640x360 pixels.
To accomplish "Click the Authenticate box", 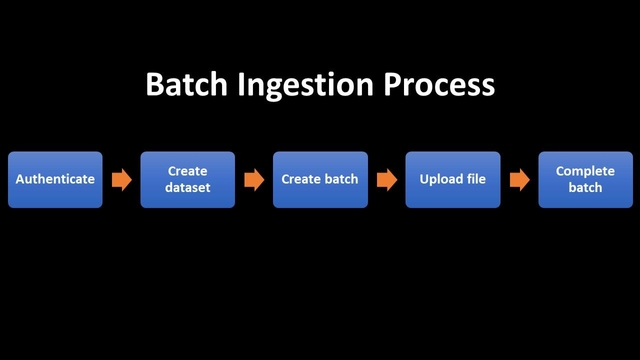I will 55,180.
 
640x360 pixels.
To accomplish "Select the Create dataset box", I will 187,180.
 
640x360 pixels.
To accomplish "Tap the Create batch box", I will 320,180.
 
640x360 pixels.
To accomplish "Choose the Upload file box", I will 452,180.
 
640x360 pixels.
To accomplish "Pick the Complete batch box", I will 585,180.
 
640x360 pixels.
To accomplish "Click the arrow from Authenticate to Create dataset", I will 121,180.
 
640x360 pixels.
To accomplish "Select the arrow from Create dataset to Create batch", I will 254,180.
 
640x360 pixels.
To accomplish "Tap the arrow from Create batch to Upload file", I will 386,180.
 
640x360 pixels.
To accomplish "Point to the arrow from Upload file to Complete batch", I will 519,180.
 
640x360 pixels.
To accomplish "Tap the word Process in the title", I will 444,85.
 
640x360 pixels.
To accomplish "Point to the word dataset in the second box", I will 187,188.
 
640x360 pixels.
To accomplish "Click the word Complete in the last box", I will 585,172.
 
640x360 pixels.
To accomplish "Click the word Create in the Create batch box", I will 302,180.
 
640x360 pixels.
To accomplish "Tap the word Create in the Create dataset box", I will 187,172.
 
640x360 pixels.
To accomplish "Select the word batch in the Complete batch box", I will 585,188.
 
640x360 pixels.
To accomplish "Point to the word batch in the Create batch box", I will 341,180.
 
